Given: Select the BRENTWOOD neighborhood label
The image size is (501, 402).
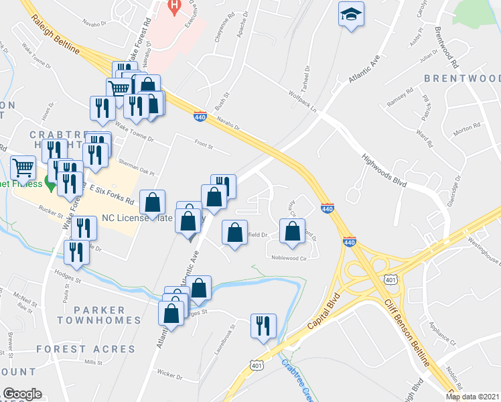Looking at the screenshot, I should click(462, 79).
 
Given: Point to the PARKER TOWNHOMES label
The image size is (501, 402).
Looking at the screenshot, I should click(100, 315).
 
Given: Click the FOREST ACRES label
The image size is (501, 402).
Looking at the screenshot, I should click(86, 349).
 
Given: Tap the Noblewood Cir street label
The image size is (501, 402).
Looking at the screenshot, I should click(293, 257).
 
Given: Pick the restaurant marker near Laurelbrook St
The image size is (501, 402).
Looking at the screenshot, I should click(263, 326).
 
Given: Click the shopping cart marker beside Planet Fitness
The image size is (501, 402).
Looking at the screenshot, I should click(23, 167).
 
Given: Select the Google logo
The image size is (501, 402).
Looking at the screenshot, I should click(22, 394).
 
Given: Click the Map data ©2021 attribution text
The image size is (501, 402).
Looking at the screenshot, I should click(472, 397).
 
